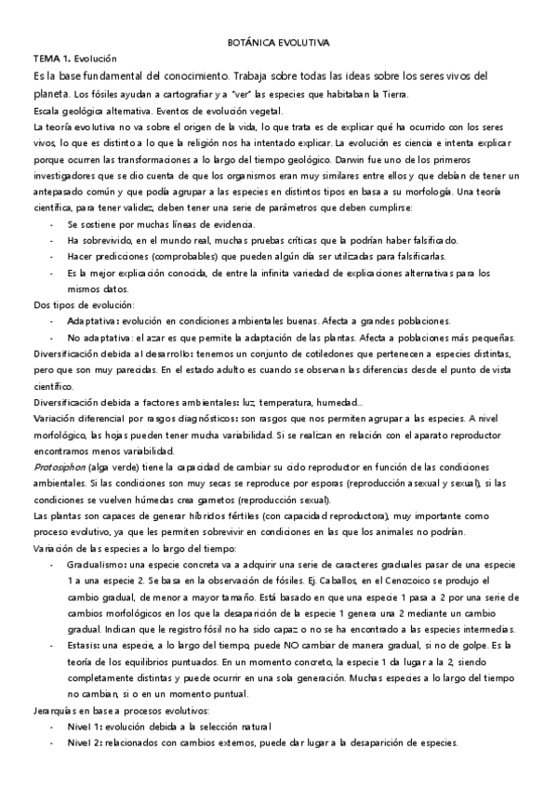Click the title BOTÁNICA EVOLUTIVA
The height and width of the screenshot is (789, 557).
point(278,44)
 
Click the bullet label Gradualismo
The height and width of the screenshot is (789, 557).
point(98,565)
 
